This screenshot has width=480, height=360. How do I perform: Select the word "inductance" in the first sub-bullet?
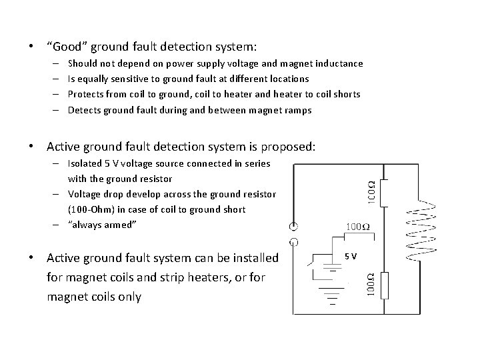coord(340,63)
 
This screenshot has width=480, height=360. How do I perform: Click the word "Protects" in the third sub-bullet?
coord(87,94)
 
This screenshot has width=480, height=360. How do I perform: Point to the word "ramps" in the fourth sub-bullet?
coord(297,110)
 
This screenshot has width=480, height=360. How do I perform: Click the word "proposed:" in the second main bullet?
coord(292,145)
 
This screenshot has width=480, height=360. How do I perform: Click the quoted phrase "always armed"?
coord(102,225)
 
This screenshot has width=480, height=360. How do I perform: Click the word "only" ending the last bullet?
coord(128,296)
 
